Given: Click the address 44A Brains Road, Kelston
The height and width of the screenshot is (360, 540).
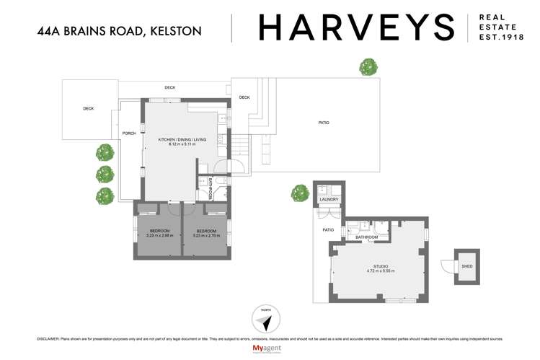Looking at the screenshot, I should [118, 31].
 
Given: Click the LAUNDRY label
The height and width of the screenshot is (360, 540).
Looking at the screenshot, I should [329, 200].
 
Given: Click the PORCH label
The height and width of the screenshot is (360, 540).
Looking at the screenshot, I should [130, 133].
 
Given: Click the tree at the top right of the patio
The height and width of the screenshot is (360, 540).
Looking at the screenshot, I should [369, 66].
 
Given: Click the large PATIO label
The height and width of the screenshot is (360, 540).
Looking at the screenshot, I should [324, 123].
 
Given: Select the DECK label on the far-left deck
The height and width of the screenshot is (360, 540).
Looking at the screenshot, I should [88, 109].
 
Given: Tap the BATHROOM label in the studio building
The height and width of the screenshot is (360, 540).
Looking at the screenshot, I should [366, 237].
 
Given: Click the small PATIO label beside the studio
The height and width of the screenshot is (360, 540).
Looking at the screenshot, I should [327, 231].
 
